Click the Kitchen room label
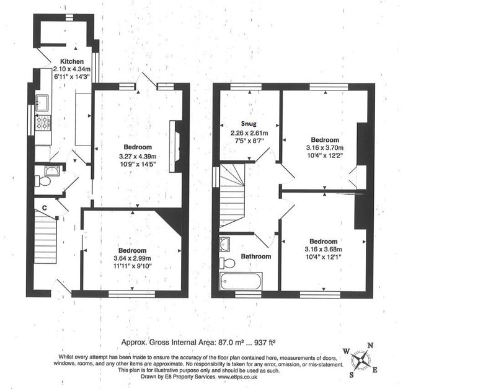click(x=72, y=61)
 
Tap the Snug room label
click(x=249, y=123)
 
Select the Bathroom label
click(x=256, y=256)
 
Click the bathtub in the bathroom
click(x=241, y=281)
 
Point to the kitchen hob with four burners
click(x=43, y=123)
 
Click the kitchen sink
click(x=42, y=103)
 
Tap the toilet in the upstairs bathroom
click(x=227, y=263)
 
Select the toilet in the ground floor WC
click(x=43, y=181)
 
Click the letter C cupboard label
click(x=45, y=208)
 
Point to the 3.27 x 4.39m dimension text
click(x=138, y=157)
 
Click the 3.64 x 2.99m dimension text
click(x=132, y=258)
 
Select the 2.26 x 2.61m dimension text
click(x=249, y=133)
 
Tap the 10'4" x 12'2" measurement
click(x=324, y=155)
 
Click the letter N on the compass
click(x=370, y=346)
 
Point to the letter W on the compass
click(x=347, y=351)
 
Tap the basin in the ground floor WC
click(x=52, y=170)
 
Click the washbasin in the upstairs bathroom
click(x=224, y=244)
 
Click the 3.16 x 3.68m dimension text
click(x=323, y=249)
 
